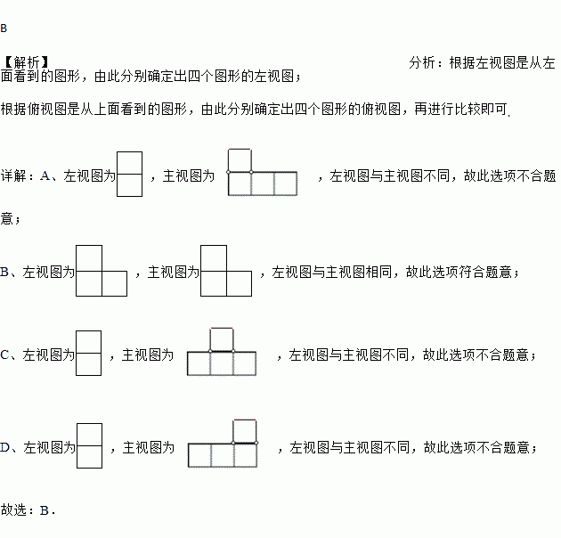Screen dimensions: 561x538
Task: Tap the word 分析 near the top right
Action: pyautogui.click(x=423, y=62)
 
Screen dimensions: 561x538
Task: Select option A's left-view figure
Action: pyautogui.click(x=130, y=174)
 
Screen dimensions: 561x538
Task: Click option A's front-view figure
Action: pyautogui.click(x=262, y=172)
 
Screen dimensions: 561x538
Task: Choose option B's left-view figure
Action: pyautogui.click(x=102, y=270)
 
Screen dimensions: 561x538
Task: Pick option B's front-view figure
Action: pyautogui.click(x=226, y=270)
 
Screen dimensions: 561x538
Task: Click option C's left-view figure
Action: pyautogui.click(x=88, y=355)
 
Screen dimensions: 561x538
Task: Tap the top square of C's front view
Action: pyautogui.click(x=222, y=339)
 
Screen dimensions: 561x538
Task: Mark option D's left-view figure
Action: pyautogui.click(x=89, y=444)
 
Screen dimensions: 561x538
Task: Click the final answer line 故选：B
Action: pyautogui.click(x=28, y=510)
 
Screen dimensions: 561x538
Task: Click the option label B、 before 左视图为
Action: pyautogui.click(x=8, y=272)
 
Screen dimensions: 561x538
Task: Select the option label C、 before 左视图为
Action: pyautogui.click(x=8, y=355)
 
